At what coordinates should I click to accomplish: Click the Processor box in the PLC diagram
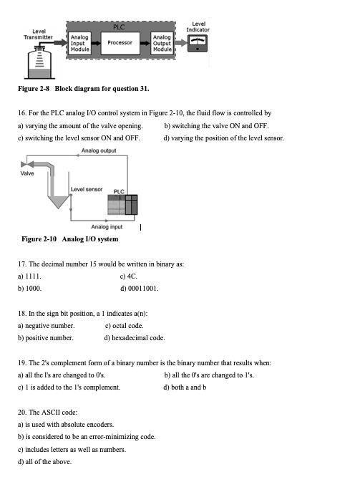[x=120, y=43]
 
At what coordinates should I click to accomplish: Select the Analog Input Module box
[x=80, y=43]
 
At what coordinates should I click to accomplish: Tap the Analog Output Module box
[x=162, y=43]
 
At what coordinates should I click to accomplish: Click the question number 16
[x=19, y=113]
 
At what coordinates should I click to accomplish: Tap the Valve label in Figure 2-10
[x=26, y=172]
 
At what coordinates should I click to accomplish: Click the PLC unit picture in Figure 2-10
[x=122, y=206]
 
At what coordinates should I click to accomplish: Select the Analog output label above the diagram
[x=99, y=150]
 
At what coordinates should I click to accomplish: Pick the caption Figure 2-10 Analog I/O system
[x=70, y=238]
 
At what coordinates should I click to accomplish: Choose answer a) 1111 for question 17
[x=30, y=276]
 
